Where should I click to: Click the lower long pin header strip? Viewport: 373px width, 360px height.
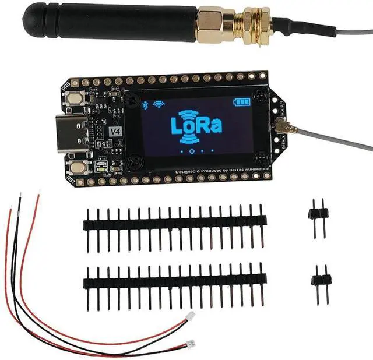click(175, 283)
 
